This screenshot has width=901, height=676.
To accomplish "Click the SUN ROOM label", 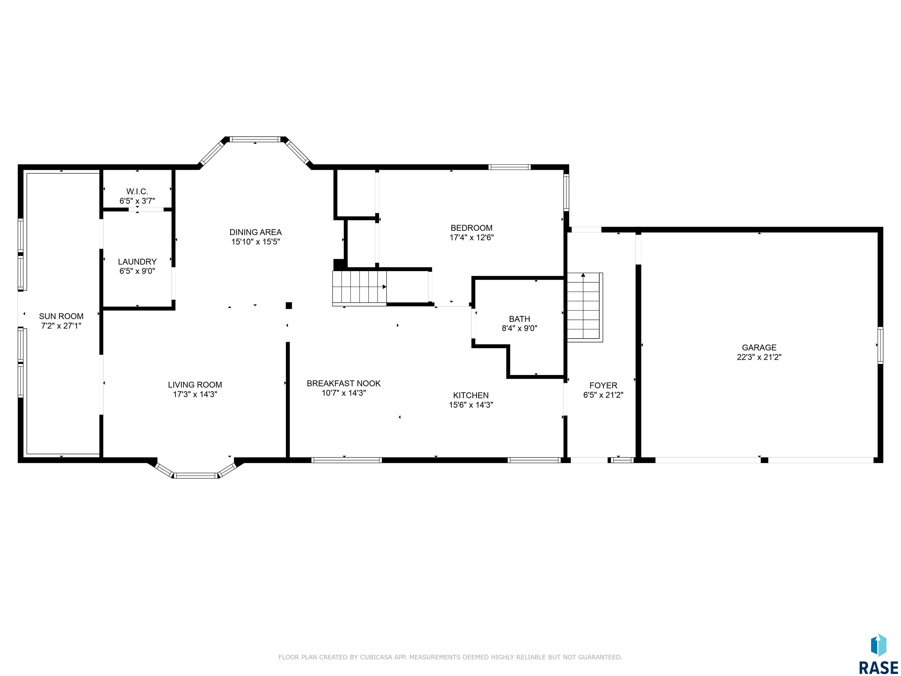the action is [x=61, y=316].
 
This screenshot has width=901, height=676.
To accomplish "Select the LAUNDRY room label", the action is [x=137, y=262].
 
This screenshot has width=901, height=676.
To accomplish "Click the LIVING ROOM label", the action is [x=195, y=385].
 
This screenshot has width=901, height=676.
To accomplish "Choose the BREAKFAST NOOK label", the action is [x=343, y=383].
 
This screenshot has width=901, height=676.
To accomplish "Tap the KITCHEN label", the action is [x=471, y=395].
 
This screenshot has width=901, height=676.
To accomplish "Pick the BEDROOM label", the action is [x=471, y=228].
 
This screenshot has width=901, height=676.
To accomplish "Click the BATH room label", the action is [x=519, y=319].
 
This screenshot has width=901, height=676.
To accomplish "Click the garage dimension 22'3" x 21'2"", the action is [x=759, y=357].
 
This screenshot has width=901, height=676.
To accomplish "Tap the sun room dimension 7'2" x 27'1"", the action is [x=61, y=326].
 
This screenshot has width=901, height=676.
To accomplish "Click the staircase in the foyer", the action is [x=585, y=307].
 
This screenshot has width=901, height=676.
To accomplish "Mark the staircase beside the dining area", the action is [x=359, y=288].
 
